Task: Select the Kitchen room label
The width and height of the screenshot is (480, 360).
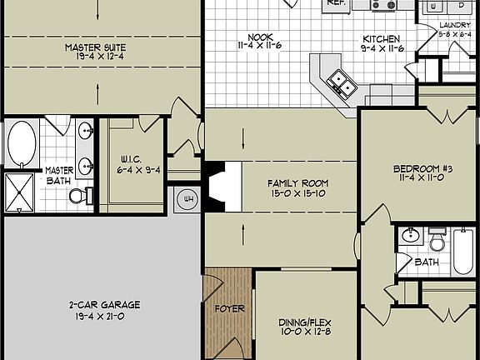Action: (381, 44)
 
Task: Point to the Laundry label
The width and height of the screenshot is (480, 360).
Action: (455, 30)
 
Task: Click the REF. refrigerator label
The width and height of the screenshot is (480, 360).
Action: (336, 3)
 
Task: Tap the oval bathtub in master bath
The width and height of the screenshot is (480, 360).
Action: (22, 143)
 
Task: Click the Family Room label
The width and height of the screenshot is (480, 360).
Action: (297, 187)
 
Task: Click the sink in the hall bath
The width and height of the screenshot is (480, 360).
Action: (410, 236)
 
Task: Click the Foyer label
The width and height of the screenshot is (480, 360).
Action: (229, 308)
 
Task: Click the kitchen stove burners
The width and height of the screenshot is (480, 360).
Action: (383, 4)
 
